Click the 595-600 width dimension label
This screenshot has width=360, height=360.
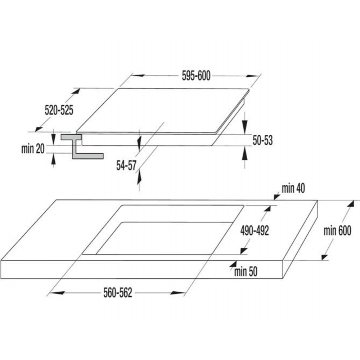point(196,76)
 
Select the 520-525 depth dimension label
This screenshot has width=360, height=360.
point(59,110)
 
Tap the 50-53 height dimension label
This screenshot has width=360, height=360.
point(263,140)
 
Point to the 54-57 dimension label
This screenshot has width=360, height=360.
point(126,165)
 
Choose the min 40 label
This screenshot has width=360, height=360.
point(293,188)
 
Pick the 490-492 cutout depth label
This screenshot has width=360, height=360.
point(255,230)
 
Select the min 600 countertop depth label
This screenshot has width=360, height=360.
point(337,230)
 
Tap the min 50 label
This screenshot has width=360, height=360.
point(246,271)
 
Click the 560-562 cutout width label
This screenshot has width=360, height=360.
point(118,293)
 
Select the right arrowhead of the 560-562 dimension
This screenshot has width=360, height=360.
point(178,293)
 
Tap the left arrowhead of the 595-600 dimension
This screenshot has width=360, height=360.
point(139,75)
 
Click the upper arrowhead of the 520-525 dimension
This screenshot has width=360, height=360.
point(76,91)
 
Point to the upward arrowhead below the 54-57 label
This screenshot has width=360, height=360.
point(139,178)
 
